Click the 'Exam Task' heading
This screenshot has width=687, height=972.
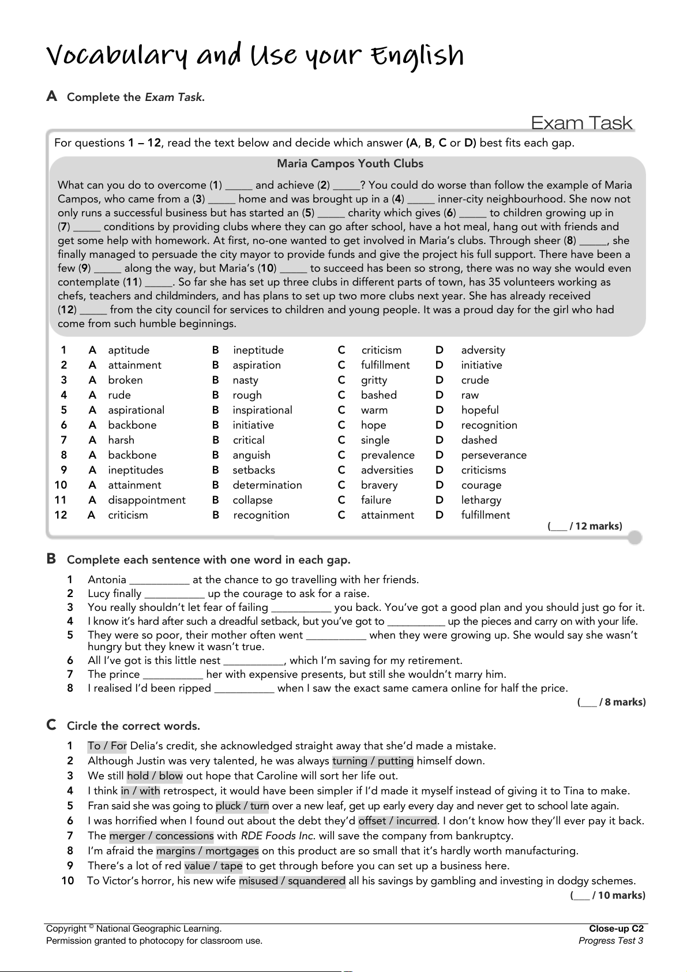coord(581,123)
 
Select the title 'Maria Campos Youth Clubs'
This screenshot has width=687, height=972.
coord(350,164)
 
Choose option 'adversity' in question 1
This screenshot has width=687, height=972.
coord(483,350)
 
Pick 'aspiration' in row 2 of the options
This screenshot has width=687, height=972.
coord(257,365)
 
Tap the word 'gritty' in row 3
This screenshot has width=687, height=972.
coord(374,380)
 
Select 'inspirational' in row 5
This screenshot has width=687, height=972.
coord(262,410)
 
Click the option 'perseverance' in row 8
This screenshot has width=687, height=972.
coord(494,455)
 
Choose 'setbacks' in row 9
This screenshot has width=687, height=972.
coord(254,470)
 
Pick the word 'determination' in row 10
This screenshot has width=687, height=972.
coord(267,485)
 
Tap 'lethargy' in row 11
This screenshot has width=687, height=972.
coord(481,500)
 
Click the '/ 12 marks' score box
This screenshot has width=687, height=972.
coord(585,526)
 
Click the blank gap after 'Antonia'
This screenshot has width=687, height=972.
coord(159,580)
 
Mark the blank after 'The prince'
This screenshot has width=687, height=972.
coord(173,675)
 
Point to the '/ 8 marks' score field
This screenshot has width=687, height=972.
coord(611,702)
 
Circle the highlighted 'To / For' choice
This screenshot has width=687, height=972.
coord(107,746)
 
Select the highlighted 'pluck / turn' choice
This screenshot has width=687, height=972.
coord(242,806)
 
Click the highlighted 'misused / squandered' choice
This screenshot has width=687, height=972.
coord(292,881)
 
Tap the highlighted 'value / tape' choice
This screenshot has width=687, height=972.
coord(213,866)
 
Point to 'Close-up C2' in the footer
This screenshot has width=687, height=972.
coord(616,929)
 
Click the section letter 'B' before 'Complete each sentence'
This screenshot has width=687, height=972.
coord(51,559)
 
